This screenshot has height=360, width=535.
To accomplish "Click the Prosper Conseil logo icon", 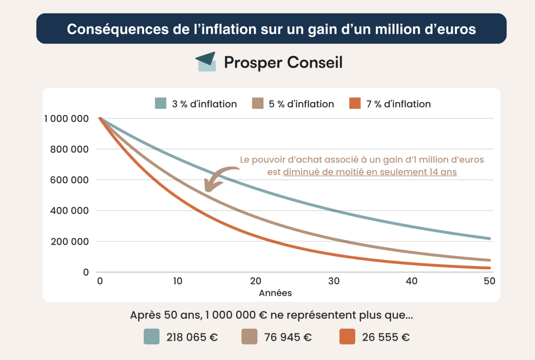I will pos(206,62).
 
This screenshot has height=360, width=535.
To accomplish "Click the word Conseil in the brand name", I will pos(315,63).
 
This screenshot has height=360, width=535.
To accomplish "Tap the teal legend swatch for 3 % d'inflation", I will pos(161,103).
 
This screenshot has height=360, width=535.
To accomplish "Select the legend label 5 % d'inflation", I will pos(301,104).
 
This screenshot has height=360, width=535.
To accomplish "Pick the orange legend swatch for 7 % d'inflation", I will pos(355,103).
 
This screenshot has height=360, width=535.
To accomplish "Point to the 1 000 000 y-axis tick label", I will pos(66,119).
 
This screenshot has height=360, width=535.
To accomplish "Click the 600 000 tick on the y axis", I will pos(69,180).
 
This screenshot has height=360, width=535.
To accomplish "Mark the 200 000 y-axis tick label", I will pos(70,242).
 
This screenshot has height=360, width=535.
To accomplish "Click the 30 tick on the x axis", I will pos(334,281).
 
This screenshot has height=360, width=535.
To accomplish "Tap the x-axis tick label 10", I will pos(178,281).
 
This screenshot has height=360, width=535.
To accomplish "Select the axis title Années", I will pos(275,293).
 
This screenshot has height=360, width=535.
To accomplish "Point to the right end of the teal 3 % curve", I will pos(489,238).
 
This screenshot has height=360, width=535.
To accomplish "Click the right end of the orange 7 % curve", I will pos(489,268).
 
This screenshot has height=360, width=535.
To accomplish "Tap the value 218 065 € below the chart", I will pos(192,337).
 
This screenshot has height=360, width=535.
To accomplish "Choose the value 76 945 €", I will pos(288,337).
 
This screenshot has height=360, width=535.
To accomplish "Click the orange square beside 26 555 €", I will pos(347,337).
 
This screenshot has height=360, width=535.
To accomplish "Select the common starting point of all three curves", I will pos(100,118).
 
